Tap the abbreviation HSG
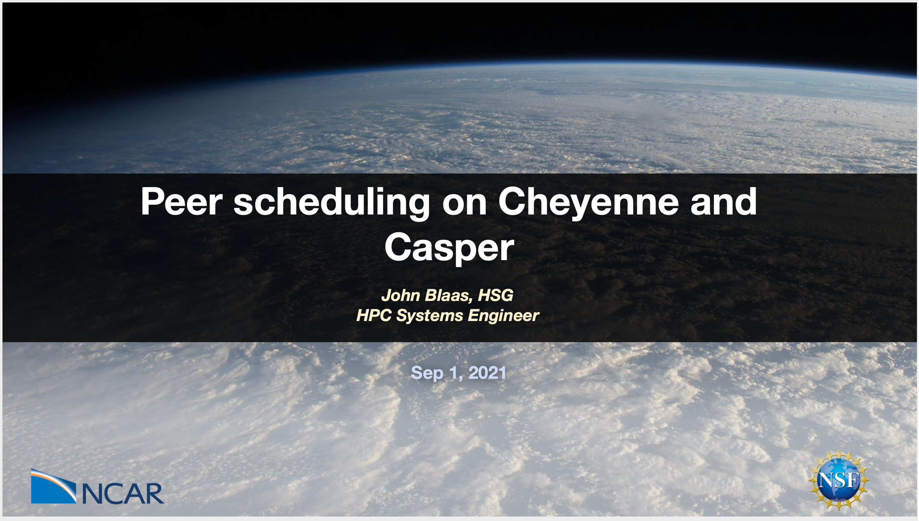(x=496, y=295)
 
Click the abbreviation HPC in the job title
(x=374, y=316)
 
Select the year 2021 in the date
(x=488, y=373)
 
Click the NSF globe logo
(x=838, y=480)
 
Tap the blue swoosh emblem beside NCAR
(x=54, y=486)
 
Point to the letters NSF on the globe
(x=838, y=480)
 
